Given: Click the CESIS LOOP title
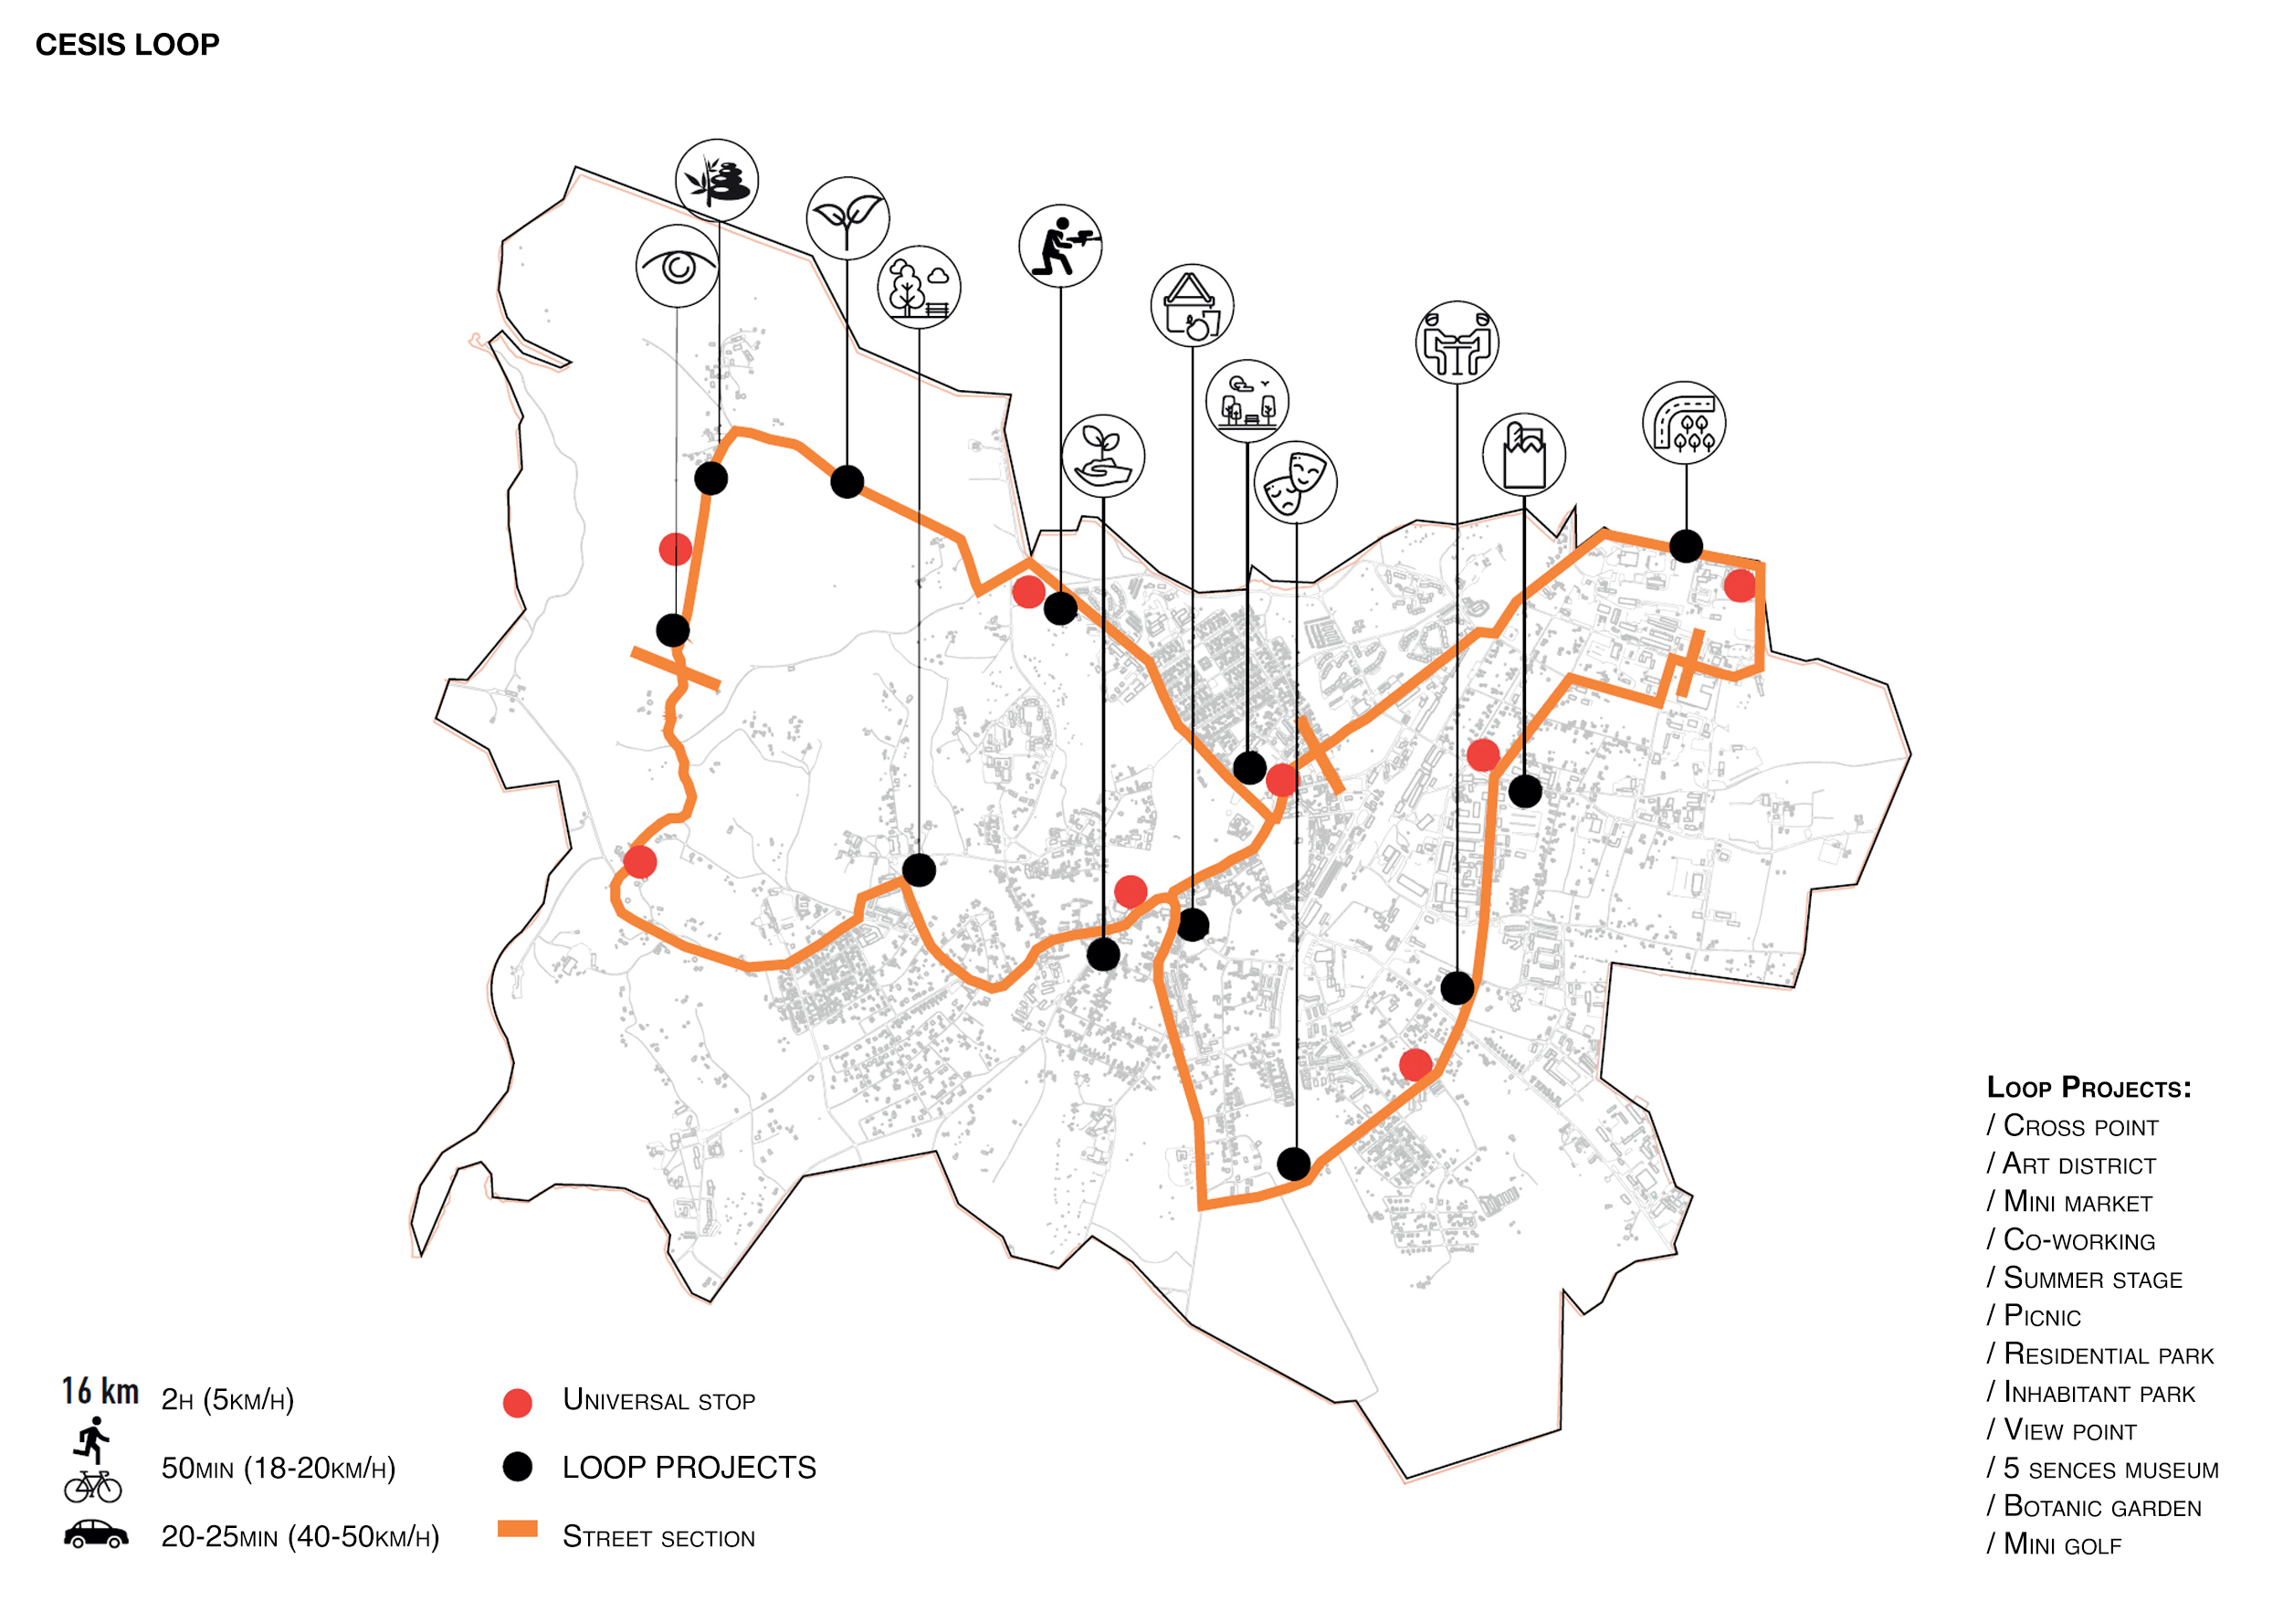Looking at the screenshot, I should [127, 45].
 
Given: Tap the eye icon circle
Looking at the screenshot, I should [678, 266].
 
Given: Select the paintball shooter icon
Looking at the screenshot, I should [1060, 246].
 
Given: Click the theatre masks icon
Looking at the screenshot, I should [1295, 482].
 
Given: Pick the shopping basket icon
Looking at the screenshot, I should [1193, 305].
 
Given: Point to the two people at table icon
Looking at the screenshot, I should [1457, 342].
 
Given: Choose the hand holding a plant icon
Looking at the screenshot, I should [1103, 456].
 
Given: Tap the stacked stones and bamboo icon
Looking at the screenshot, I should [717, 180].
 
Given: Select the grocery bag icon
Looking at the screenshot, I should [1523, 455].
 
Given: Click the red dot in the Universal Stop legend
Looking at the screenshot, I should [517, 1402].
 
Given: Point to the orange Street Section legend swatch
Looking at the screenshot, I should [517, 1529].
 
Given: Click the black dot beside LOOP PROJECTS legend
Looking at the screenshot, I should [517, 1466].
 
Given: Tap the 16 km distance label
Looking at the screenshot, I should [100, 1390].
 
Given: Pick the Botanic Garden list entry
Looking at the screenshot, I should [2101, 1507].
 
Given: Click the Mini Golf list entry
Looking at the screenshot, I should [2061, 1544].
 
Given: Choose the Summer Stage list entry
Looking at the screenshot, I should [2091, 1278].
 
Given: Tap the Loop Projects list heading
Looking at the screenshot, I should [2088, 1087].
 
